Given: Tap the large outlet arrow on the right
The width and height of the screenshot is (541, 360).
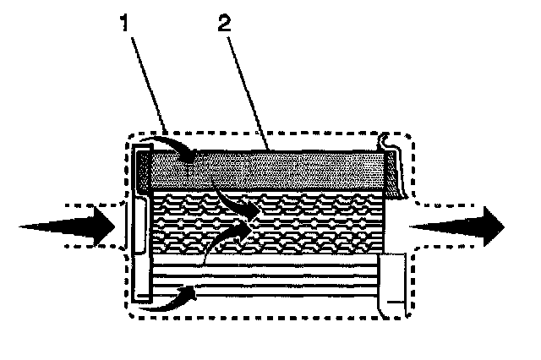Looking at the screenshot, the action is pyautogui.click(x=461, y=225).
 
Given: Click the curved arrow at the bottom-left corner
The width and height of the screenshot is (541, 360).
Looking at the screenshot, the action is pyautogui.click(x=169, y=301).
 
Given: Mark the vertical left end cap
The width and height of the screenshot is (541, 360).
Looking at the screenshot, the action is pyautogui.click(x=142, y=224).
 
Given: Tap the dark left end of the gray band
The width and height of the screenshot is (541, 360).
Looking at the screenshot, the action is pyautogui.click(x=145, y=169).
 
